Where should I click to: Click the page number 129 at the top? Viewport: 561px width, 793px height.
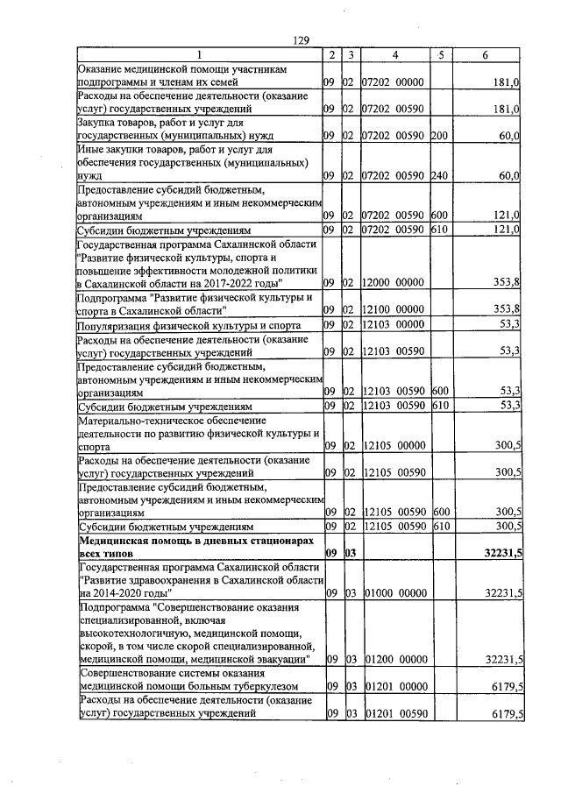302,41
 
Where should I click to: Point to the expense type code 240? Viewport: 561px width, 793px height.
440,175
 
